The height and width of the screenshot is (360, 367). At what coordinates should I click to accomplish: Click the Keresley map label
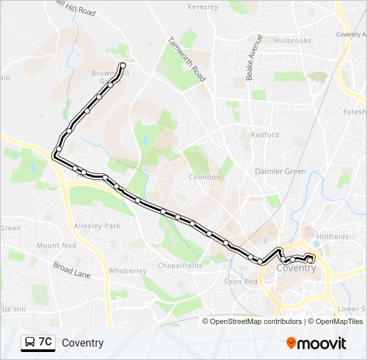point(204,7)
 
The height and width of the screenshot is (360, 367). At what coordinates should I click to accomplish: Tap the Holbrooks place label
point(293,41)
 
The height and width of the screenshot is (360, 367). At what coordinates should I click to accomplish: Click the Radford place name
point(265,135)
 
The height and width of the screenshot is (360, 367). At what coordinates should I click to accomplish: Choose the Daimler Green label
point(280,171)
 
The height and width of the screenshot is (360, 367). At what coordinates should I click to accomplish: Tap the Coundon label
point(205,177)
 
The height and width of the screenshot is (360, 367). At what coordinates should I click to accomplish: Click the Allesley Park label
point(97,226)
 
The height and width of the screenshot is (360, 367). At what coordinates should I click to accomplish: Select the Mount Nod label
point(57,245)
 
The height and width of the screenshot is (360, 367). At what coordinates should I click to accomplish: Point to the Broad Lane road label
point(72,269)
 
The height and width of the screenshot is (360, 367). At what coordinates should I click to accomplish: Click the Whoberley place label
point(127,271)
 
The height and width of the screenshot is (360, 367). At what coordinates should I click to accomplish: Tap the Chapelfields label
point(179,265)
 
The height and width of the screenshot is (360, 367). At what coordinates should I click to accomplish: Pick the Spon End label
point(241,282)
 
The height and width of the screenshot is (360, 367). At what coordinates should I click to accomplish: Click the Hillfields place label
point(333,237)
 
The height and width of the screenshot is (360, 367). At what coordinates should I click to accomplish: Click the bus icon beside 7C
point(30,343)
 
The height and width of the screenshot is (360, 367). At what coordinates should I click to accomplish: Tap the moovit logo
point(316,343)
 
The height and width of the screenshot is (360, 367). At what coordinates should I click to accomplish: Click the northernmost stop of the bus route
point(123,65)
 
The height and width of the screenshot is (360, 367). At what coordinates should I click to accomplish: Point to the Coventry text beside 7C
point(83,343)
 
